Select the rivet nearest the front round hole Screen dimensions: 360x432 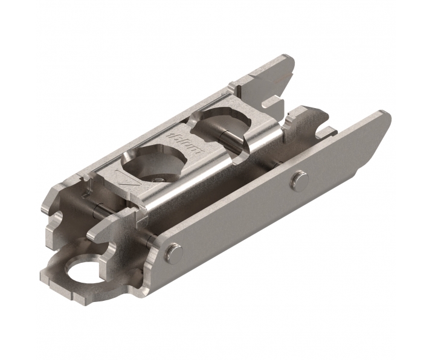tap(172, 251)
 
